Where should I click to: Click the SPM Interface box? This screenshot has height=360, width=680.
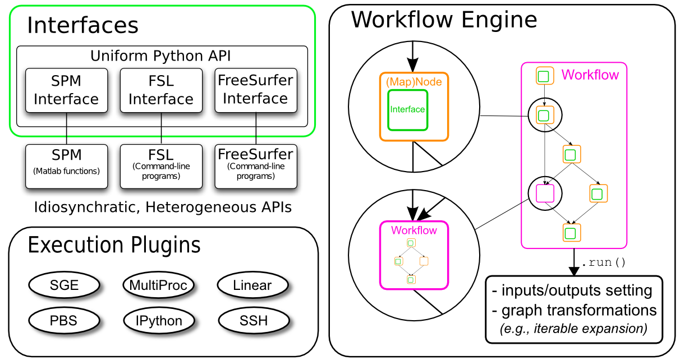(x=66, y=90)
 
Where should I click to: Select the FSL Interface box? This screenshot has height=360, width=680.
(x=161, y=90)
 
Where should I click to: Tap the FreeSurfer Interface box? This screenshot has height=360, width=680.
(x=256, y=90)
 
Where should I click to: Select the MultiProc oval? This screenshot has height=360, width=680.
(x=158, y=285)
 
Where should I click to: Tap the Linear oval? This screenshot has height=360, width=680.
(x=252, y=285)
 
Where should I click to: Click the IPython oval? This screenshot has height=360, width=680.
(x=158, y=321)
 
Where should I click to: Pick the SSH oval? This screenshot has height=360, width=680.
(x=252, y=321)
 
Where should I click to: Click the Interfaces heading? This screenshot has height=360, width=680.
(x=82, y=25)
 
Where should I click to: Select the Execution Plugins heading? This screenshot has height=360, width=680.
(x=114, y=246)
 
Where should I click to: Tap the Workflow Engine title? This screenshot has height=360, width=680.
(x=444, y=20)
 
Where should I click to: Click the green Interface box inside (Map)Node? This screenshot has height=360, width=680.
(x=408, y=109)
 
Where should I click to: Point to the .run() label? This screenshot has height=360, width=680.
(x=603, y=262)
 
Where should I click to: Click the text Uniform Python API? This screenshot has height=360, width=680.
(x=160, y=56)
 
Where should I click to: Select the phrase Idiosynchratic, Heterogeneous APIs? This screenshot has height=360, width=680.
(x=163, y=207)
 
